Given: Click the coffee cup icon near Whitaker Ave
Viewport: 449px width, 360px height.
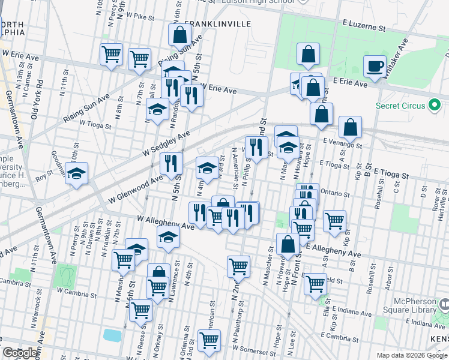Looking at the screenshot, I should point(375,66).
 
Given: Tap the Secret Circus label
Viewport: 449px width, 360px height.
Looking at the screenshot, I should point(400,106).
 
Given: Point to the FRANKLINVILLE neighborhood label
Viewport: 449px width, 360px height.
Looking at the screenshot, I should point(217,24).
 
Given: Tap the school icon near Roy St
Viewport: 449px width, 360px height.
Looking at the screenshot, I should point(76,173).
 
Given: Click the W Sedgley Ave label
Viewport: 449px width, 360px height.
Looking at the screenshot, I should point(166,145).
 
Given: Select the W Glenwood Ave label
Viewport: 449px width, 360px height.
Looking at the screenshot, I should point(136,190).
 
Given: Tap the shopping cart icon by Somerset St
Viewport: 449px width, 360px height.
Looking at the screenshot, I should point(209,340).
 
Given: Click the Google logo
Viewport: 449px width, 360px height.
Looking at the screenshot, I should point(20,353).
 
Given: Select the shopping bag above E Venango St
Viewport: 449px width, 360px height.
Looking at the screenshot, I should point(350,127).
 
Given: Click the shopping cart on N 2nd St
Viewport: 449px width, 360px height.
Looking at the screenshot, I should point(238,266).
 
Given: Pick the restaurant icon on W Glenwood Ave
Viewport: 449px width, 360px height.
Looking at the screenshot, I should point(172,163).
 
